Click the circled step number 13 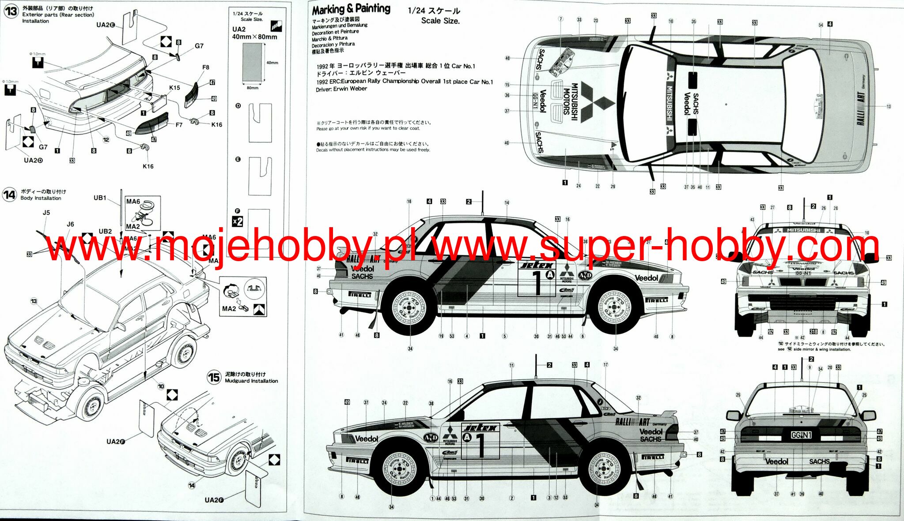(x=11, y=11)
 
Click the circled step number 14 (x=9, y=195)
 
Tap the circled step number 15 (x=214, y=377)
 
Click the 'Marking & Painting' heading (x=351, y=9)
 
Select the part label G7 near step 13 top (x=199, y=46)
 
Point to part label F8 (x=206, y=67)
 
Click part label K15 (x=174, y=88)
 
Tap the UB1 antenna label (x=100, y=198)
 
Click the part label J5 (x=46, y=213)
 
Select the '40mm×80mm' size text (x=254, y=37)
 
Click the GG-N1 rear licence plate (x=801, y=435)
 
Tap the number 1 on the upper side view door (x=537, y=282)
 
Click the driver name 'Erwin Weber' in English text (x=350, y=89)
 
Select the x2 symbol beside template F (x=238, y=221)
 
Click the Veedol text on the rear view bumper (x=776, y=461)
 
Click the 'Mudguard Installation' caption (x=251, y=381)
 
